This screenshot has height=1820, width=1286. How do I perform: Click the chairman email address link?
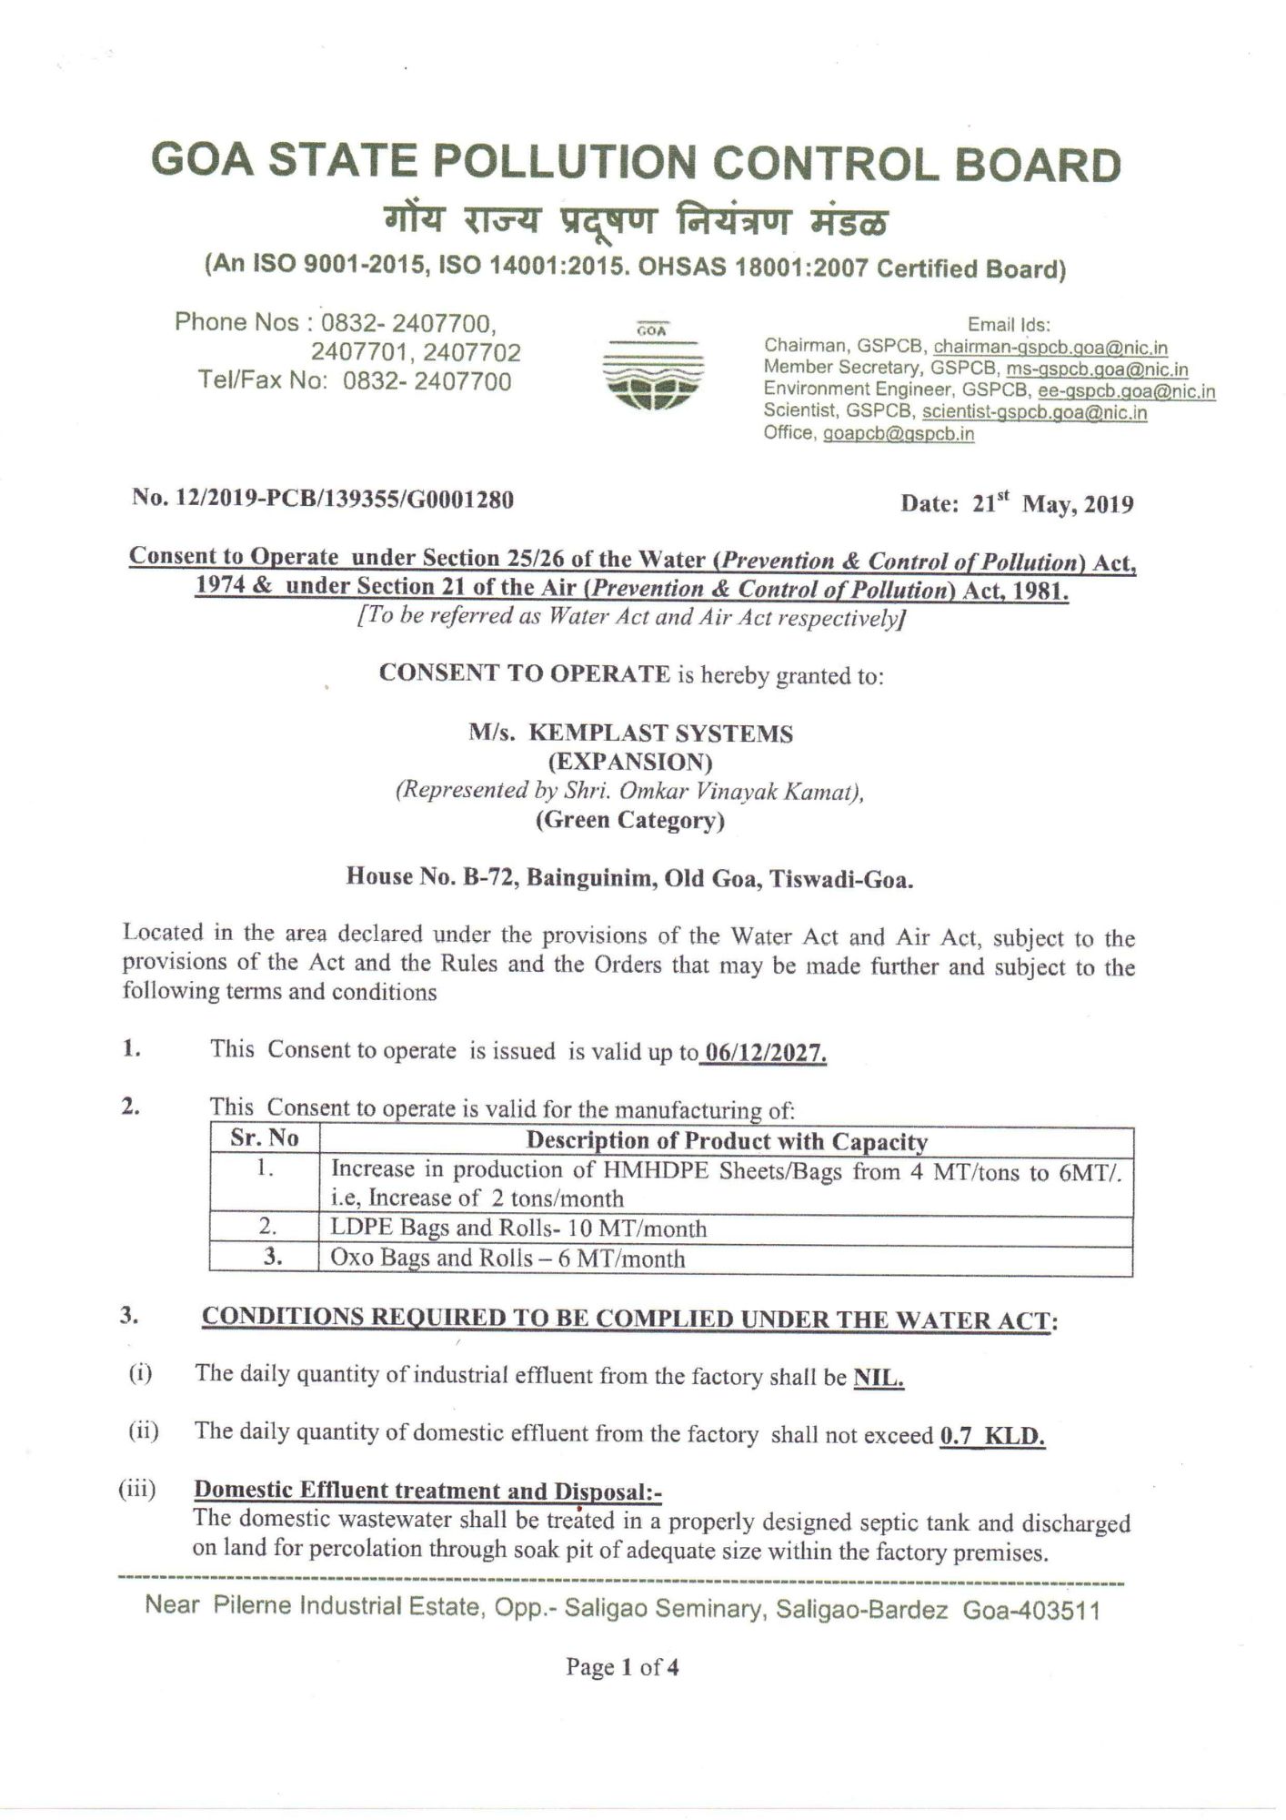[1050, 348]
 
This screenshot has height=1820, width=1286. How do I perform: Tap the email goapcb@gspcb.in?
[898, 434]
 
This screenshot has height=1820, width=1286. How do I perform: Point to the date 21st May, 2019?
[1017, 503]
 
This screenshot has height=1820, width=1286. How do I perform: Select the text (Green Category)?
[629, 820]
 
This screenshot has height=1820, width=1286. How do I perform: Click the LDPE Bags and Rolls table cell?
[518, 1228]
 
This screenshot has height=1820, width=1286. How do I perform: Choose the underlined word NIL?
[878, 1378]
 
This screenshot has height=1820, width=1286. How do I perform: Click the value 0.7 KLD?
[992, 1436]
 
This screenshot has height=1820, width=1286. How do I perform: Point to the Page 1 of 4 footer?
[622, 1667]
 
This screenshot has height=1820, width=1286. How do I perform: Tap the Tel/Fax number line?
[355, 380]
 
